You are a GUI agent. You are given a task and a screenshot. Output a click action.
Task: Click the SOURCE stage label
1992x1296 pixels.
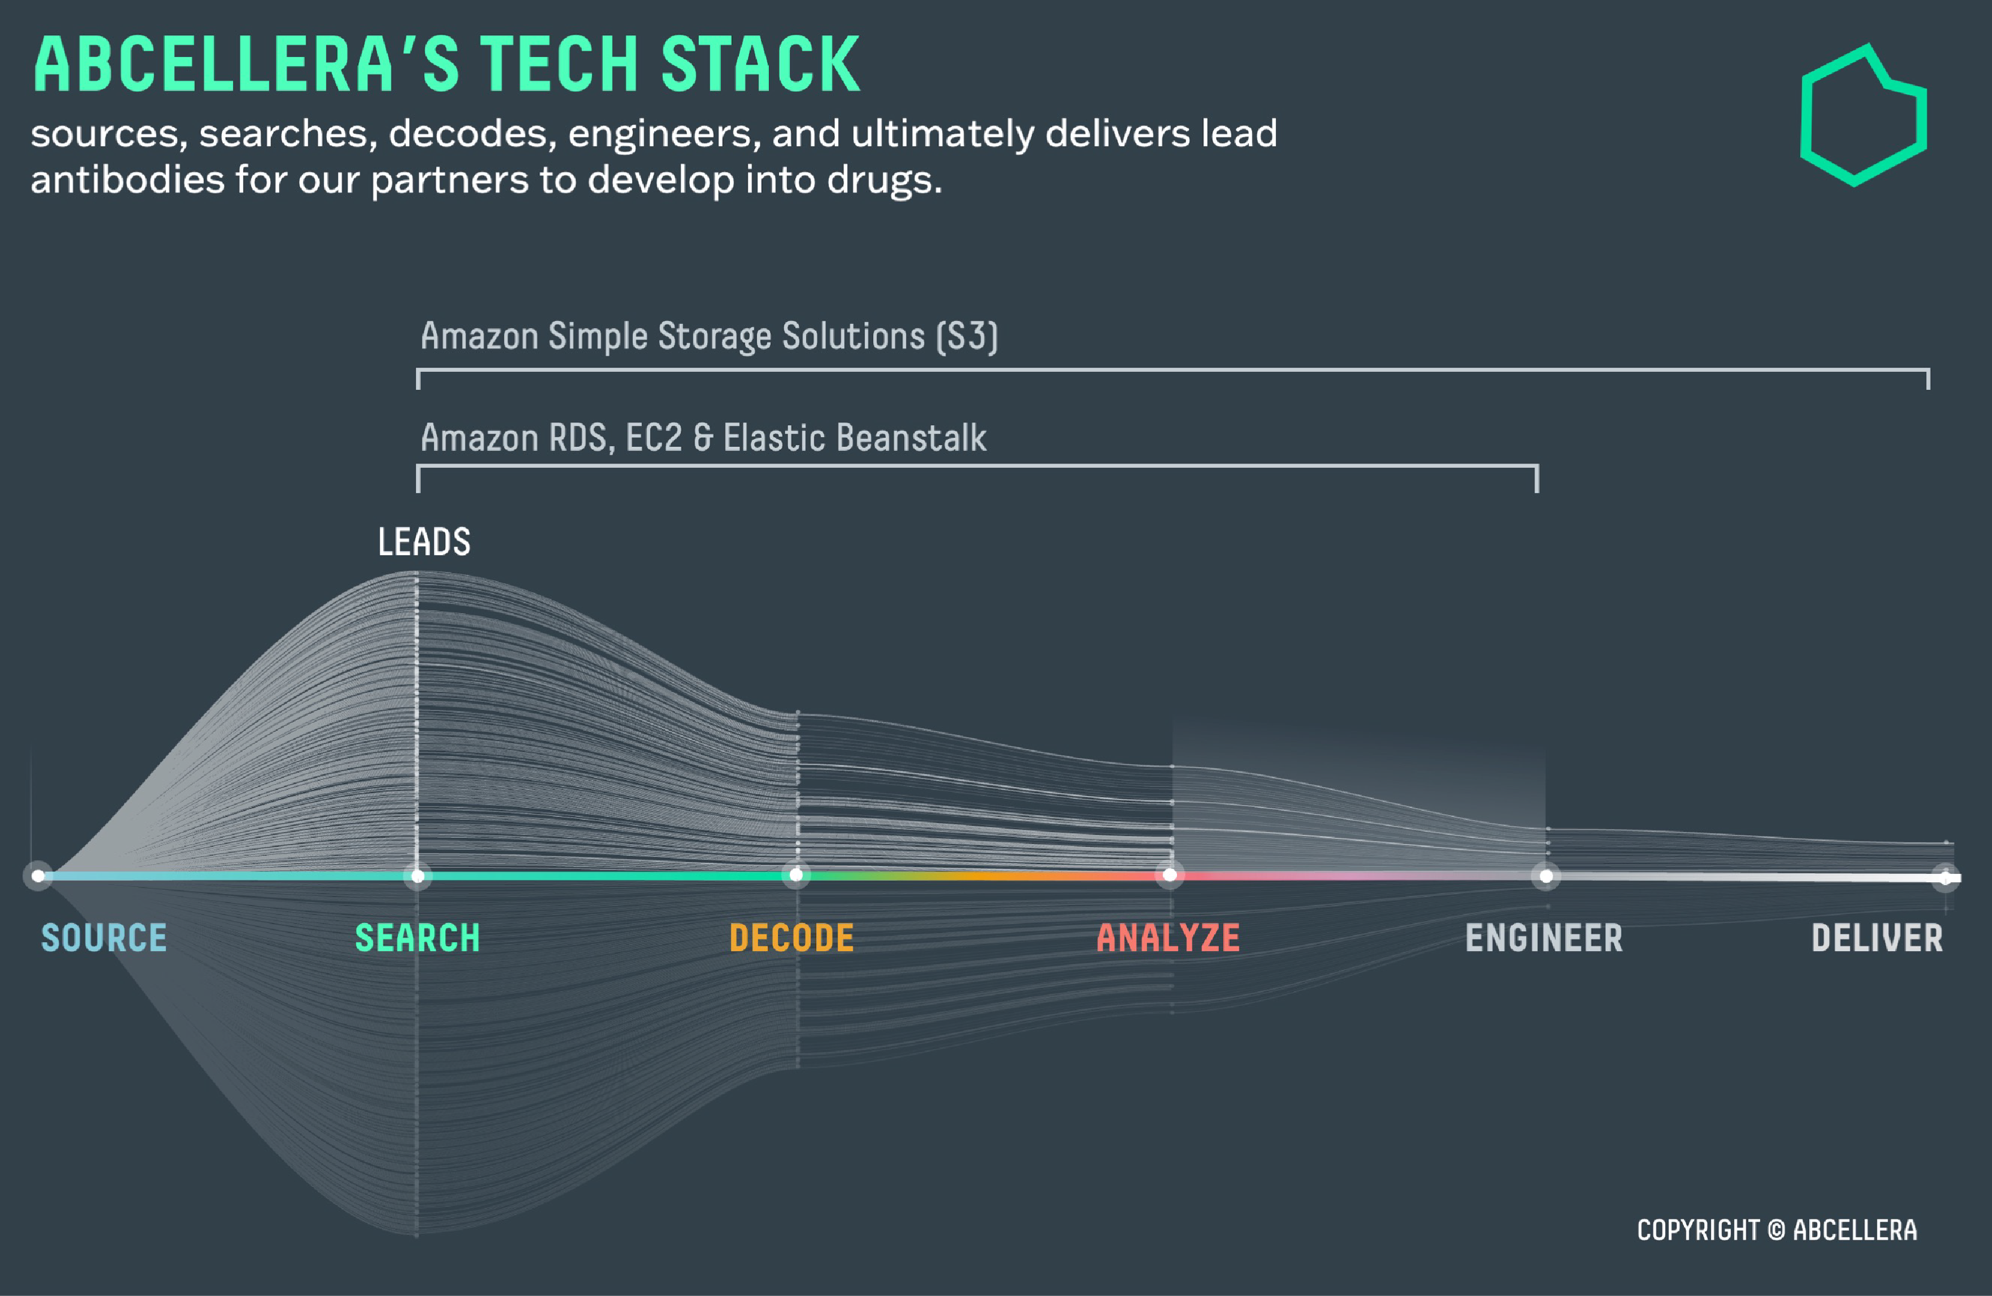coord(104,938)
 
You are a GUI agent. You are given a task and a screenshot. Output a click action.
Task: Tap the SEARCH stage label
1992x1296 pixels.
coord(418,938)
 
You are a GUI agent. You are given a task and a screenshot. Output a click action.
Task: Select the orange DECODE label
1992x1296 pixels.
coord(792,938)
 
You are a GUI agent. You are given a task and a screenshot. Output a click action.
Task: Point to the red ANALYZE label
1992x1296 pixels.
coord(1169,938)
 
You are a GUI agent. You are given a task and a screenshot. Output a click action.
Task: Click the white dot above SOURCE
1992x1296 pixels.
coord(38,876)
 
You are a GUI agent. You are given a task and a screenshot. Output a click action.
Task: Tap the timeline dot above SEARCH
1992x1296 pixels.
coord(418,876)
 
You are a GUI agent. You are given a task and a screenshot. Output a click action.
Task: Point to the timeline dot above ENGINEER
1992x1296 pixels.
coord(1546,876)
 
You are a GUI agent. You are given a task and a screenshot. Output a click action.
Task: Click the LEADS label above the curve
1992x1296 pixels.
coord(424,542)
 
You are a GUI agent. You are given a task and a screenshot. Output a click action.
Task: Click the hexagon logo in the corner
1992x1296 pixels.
coord(1863,116)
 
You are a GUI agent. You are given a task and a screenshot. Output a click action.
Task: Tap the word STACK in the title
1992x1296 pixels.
coord(760,65)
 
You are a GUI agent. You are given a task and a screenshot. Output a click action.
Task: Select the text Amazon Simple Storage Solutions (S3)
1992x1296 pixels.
coord(709,337)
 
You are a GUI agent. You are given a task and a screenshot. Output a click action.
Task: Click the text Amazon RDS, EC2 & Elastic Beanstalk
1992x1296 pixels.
coord(703,438)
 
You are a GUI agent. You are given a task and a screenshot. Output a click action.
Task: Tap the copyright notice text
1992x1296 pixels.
coord(1777,1230)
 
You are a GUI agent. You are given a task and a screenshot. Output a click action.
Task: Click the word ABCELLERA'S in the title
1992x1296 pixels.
coord(247,65)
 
